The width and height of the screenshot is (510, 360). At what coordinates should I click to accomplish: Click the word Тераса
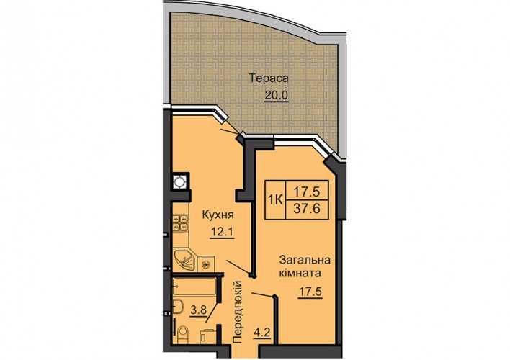[x=269, y=78]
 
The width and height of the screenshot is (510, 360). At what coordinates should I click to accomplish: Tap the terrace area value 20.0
[x=277, y=95]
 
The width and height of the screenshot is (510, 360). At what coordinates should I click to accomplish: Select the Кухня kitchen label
[x=218, y=215]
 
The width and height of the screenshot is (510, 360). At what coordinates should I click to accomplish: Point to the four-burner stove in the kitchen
[x=181, y=222]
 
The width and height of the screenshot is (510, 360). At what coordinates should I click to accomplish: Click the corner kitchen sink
[x=184, y=260]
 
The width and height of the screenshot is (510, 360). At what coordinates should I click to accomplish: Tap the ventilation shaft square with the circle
[x=180, y=181]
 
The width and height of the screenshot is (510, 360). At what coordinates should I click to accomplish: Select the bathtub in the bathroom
[x=194, y=286]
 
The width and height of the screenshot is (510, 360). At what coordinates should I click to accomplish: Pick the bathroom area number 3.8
[x=198, y=310]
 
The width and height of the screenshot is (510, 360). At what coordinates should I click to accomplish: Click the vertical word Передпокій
[x=238, y=312]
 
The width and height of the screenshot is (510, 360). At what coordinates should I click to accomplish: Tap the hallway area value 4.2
[x=262, y=333]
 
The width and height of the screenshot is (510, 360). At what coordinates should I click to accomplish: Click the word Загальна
[x=305, y=260]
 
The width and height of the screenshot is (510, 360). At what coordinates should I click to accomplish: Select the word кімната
[x=300, y=273]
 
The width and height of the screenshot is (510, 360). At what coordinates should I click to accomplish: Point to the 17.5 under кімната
[x=310, y=292]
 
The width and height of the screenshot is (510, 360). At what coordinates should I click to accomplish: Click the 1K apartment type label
[x=275, y=200]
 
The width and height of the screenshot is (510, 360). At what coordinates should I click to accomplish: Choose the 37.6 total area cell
[x=307, y=209]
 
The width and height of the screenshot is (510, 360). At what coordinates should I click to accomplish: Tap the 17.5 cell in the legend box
[x=307, y=192]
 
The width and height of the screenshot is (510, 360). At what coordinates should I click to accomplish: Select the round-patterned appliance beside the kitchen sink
[x=206, y=264]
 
